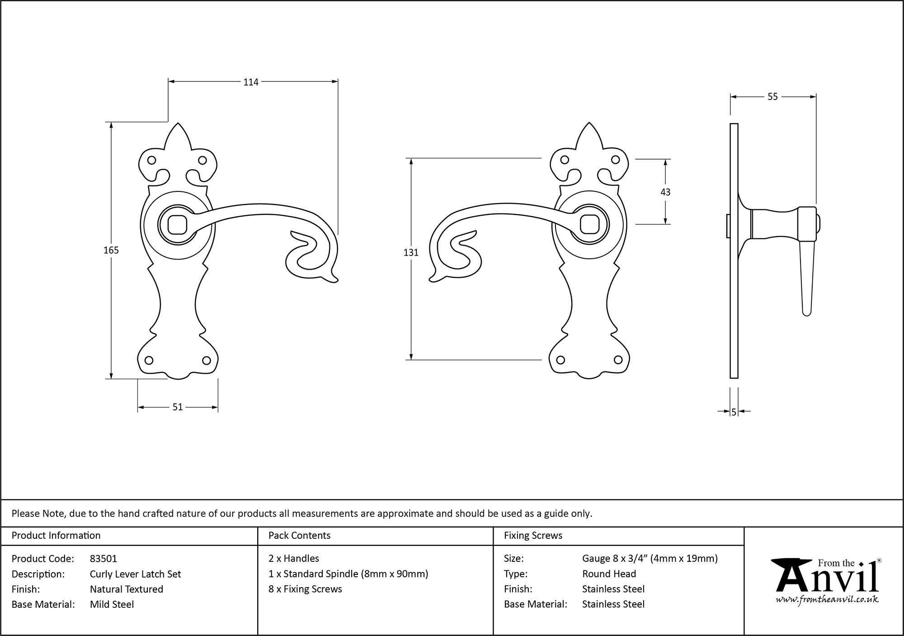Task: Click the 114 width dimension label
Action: click(x=251, y=82)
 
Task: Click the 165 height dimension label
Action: click(x=111, y=250)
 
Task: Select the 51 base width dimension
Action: click(x=178, y=407)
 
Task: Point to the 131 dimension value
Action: click(x=411, y=253)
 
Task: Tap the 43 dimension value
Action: click(x=665, y=192)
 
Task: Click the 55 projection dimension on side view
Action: click(x=772, y=97)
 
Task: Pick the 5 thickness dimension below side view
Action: click(x=734, y=412)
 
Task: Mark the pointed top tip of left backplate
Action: click(x=178, y=124)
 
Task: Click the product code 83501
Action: click(x=104, y=559)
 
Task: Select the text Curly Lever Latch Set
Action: click(x=135, y=574)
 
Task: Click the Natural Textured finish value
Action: click(x=126, y=589)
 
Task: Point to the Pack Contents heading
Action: click(x=299, y=536)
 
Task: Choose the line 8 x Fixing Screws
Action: click(x=305, y=589)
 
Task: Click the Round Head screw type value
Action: click(x=609, y=574)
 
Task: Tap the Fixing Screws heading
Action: click(x=533, y=536)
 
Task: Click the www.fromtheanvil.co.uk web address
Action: click(x=827, y=600)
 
